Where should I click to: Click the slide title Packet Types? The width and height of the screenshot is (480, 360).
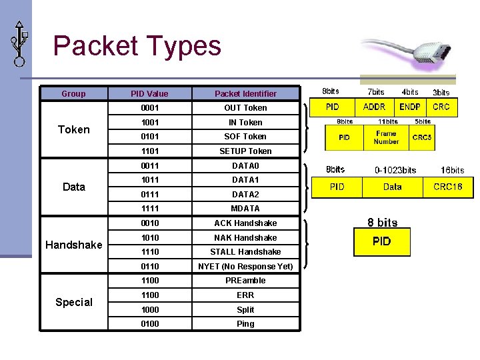tap(137, 45)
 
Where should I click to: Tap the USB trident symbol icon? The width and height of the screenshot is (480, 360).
tap(19, 43)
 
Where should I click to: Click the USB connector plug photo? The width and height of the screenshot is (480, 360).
tap(406, 52)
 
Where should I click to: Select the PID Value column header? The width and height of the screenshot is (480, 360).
tap(149, 94)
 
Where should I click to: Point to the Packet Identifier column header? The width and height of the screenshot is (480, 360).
tap(245, 94)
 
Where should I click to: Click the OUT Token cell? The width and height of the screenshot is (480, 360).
tap(245, 108)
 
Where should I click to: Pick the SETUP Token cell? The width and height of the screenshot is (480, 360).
tap(245, 151)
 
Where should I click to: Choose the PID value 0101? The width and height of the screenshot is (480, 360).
tap(149, 137)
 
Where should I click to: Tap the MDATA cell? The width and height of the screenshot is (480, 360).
tap(245, 209)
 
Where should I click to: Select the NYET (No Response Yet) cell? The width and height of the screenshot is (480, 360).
tap(245, 267)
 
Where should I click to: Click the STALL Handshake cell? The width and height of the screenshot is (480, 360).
tap(245, 252)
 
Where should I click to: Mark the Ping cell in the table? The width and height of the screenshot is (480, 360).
tap(245, 324)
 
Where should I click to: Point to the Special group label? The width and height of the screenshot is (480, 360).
tap(73, 302)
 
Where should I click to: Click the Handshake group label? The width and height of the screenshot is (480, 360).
tap(73, 245)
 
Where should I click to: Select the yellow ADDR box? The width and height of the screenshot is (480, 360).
tap(374, 107)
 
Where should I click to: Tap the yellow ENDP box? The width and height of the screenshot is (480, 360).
tap(410, 107)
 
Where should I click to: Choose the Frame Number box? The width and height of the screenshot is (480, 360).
tap(386, 137)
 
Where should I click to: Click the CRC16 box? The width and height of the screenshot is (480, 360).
tap(447, 187)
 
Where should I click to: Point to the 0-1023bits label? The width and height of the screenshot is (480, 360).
tap(395, 170)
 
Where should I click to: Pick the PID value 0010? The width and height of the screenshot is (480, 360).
tap(149, 223)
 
